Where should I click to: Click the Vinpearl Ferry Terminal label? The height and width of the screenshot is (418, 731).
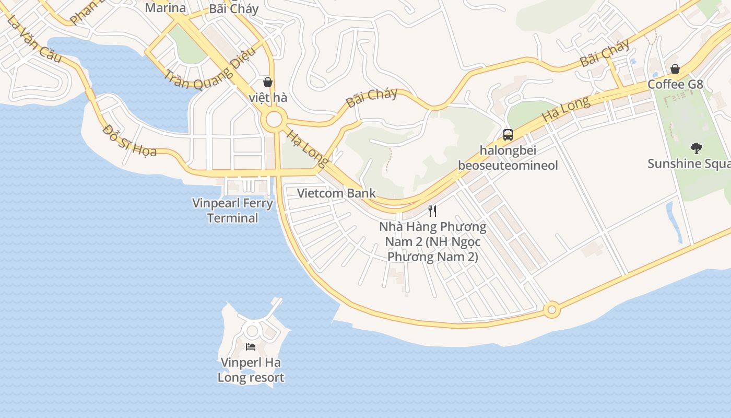232,210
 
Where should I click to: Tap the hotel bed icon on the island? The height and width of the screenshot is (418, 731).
251,346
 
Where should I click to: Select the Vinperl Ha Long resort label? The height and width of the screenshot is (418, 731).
251,370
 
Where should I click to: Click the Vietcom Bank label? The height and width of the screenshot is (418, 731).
336,193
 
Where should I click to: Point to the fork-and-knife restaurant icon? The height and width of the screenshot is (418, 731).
432,211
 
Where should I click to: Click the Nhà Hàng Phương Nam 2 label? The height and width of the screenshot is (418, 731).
433,242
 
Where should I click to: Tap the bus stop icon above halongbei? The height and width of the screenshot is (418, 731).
508,135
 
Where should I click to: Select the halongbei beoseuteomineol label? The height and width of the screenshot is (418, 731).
508,158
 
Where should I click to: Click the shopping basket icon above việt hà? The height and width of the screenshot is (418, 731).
268,82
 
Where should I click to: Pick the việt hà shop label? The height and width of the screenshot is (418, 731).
268,98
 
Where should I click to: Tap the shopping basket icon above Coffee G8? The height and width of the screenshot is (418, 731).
675,69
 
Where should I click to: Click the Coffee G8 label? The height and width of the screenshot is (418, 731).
675,84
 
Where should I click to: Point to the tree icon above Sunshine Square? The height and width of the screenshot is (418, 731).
696,148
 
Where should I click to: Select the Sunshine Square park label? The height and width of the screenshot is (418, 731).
689,164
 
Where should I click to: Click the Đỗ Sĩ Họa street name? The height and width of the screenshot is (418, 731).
129,140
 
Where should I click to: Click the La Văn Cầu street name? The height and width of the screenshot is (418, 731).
35,40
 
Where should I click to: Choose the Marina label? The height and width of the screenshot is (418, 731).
165,8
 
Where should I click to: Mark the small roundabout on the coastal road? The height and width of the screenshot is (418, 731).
551,310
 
